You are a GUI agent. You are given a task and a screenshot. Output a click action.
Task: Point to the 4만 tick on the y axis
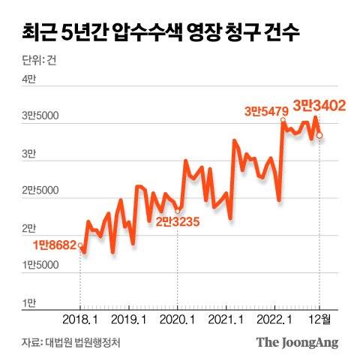28,80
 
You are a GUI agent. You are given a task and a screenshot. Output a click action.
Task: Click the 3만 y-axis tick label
28,153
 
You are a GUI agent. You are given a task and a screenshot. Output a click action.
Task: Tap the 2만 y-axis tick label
28,227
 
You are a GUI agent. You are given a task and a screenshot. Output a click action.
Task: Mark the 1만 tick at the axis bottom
28,302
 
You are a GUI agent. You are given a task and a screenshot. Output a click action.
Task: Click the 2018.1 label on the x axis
81,319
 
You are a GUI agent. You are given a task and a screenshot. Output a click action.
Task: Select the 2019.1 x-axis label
129,319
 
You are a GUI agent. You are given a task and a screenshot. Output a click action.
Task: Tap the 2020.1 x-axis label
178,319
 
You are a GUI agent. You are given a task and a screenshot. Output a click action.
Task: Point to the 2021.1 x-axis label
227,319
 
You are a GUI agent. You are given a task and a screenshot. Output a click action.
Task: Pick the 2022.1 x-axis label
276,319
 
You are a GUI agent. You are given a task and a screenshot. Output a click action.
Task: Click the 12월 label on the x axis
321,319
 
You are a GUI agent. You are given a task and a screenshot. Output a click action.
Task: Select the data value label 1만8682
55,245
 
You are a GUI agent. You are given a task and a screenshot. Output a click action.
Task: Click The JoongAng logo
298,342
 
